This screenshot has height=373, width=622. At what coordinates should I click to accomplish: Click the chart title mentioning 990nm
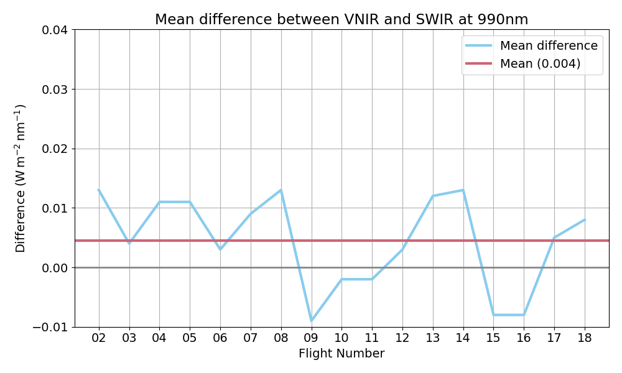[341, 19]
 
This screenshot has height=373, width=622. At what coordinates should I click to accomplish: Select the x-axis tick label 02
[99, 338]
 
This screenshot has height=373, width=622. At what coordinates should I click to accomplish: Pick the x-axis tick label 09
[311, 338]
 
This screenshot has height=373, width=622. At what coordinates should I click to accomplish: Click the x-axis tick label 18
[584, 338]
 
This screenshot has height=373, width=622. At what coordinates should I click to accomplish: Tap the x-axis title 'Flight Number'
[341, 354]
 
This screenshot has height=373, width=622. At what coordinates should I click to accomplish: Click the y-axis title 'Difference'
[21, 178]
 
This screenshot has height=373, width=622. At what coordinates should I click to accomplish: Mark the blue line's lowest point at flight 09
[311, 321]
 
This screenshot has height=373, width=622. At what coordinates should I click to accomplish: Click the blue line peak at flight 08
[281, 190]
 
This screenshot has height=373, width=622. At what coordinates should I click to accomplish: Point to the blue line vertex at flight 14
[463, 190]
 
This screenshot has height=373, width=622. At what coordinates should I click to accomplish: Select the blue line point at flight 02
[99, 190]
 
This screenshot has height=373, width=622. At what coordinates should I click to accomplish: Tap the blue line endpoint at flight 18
[584, 220]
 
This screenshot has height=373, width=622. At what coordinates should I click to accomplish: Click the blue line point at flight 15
[493, 315]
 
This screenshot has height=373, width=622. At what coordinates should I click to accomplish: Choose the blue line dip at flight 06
[220, 249]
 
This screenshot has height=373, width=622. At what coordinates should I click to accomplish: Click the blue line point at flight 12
[402, 249]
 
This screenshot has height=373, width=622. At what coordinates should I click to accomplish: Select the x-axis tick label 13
[432, 338]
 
